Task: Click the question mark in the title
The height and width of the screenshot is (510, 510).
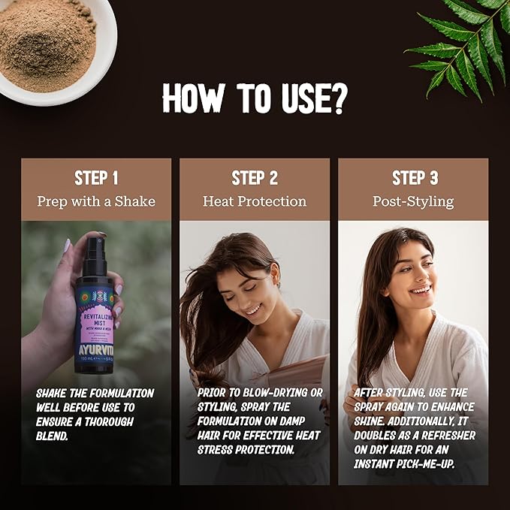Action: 339,98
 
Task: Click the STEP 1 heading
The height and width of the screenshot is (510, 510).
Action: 96,178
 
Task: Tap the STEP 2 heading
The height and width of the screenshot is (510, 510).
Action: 255,178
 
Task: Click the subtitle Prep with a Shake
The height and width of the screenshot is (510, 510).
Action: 96,201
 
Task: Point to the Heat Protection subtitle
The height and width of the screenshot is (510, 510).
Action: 255,201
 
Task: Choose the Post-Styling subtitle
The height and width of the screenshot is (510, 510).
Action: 413,201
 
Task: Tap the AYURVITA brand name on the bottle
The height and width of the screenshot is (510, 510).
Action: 93,348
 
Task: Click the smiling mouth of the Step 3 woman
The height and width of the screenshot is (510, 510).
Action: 421,288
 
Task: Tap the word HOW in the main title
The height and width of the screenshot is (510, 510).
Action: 192,98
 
